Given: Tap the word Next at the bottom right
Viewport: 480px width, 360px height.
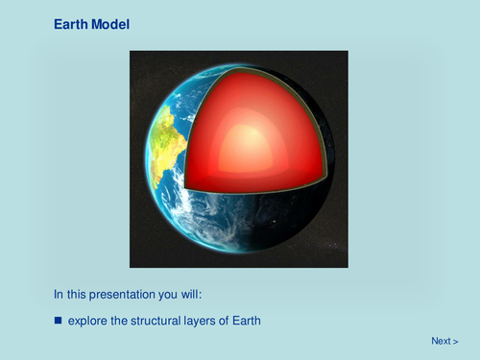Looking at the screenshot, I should pos(441,341).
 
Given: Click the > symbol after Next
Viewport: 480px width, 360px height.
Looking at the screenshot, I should pos(455,341).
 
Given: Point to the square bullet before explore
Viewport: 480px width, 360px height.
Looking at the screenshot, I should pos(59,319).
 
